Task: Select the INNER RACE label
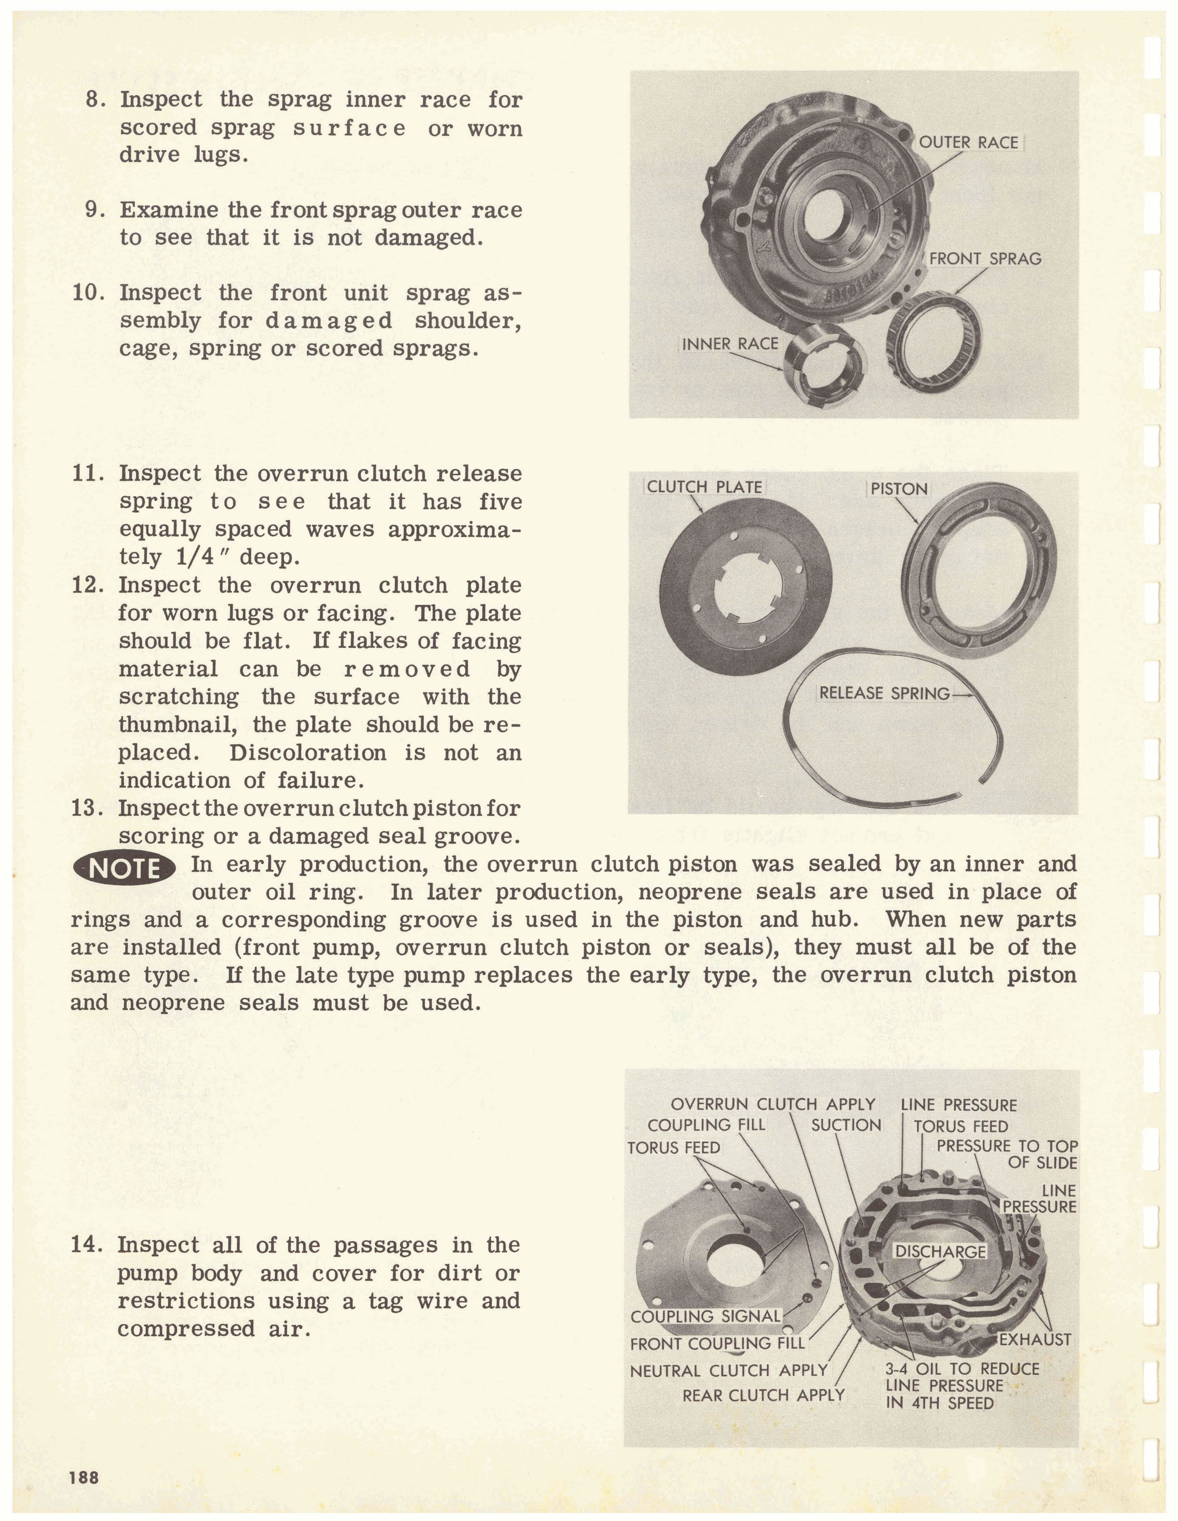tap(729, 344)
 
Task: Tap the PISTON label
tap(899, 489)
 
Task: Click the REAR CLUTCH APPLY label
tap(763, 1395)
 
